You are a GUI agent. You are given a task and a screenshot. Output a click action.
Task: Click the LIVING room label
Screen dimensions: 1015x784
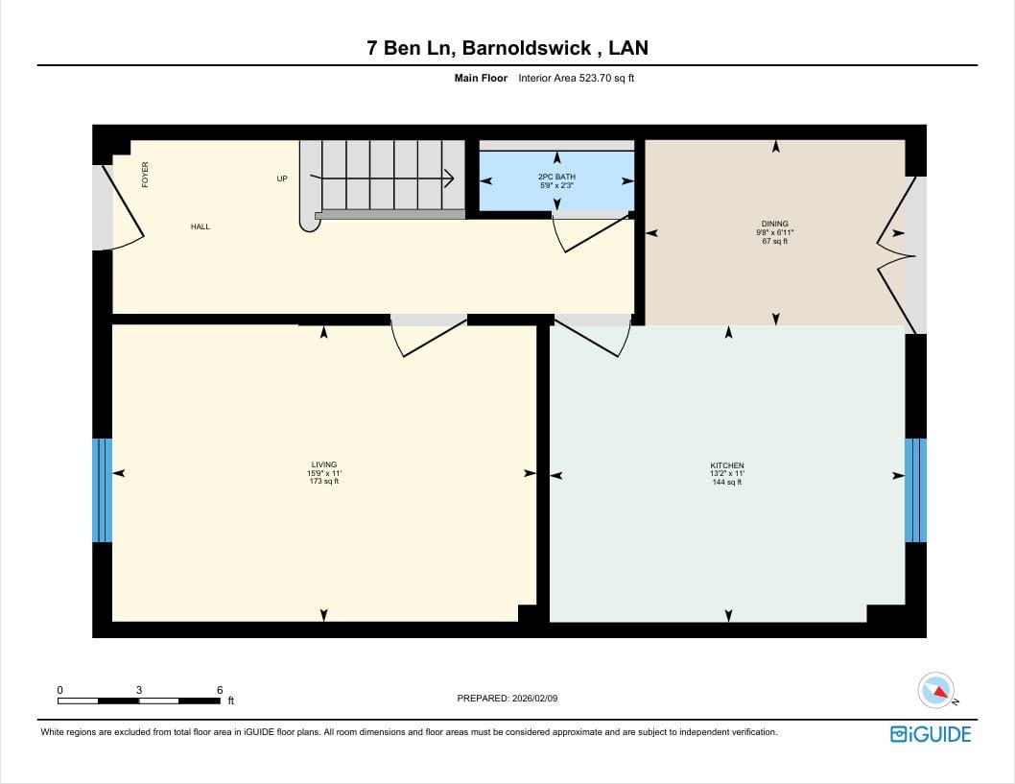point(323,464)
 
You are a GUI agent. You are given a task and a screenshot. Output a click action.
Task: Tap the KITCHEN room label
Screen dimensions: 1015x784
point(727,464)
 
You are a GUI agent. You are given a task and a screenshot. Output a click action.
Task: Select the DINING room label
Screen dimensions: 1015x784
point(775,224)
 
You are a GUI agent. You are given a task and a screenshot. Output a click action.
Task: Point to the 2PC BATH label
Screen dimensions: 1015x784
point(556,177)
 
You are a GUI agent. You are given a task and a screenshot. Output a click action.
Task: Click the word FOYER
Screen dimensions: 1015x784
point(145,175)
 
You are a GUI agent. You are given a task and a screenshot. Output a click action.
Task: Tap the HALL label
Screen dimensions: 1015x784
point(200,226)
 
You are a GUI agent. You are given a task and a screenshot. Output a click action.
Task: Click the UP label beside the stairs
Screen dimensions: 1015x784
point(282,178)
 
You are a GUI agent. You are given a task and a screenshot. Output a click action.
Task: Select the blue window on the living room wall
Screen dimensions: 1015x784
point(103,490)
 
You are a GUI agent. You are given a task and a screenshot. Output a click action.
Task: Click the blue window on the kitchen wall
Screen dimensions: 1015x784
point(915,490)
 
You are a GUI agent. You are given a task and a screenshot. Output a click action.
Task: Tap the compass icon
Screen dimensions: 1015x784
point(936,690)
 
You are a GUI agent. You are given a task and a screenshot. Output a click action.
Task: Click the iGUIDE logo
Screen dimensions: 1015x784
point(931,734)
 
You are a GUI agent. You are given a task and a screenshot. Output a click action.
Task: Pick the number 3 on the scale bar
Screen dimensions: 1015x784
point(139,690)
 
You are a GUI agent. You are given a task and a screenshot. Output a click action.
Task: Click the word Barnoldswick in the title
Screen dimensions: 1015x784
point(527,48)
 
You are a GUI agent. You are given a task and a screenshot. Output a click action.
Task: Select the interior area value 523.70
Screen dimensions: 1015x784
point(592,79)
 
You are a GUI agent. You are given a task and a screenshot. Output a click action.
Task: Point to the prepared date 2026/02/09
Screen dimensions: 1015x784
point(534,699)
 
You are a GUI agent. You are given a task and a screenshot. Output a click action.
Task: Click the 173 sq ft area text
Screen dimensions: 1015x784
point(324,481)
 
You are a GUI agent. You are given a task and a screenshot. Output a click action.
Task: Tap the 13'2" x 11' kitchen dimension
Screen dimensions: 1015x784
point(727,473)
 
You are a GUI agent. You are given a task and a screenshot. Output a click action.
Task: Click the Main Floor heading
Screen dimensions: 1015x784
point(481,79)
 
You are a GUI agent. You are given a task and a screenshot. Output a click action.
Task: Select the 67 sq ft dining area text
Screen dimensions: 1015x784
point(775,241)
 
